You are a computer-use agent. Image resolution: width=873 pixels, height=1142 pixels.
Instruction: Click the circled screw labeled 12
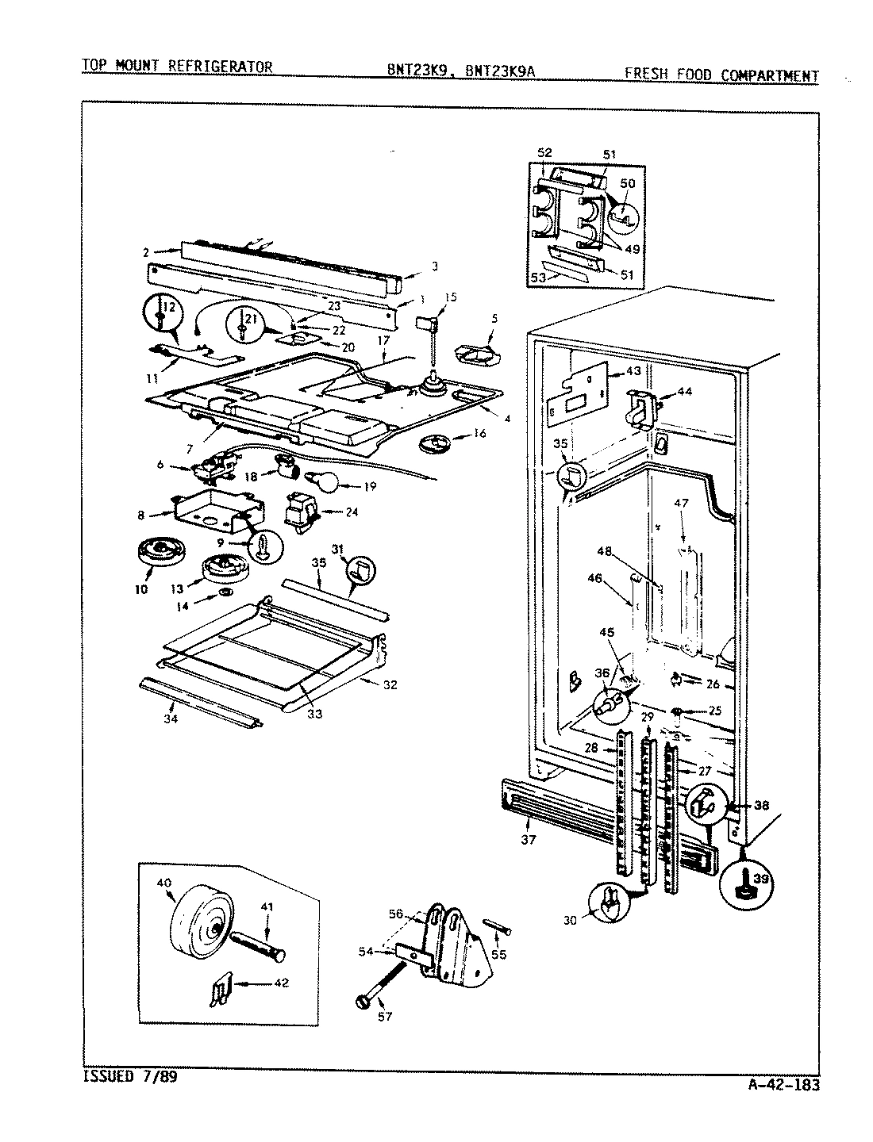[161, 316]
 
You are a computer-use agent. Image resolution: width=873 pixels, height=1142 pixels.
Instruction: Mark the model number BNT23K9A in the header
[501, 71]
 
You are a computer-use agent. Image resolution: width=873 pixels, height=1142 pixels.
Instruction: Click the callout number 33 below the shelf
[314, 713]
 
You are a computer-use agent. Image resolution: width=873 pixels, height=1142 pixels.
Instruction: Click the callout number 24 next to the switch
[352, 512]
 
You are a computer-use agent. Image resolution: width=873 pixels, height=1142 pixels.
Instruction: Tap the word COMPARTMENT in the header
[769, 76]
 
